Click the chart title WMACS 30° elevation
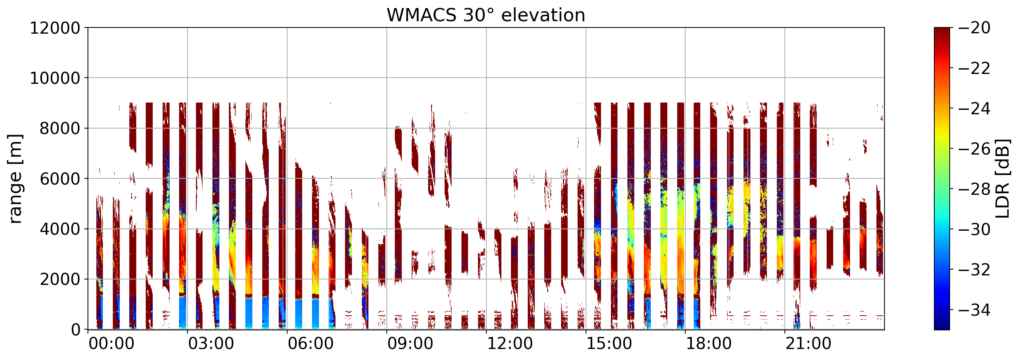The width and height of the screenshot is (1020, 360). click(486, 15)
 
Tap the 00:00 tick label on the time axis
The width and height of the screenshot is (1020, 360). click(111, 344)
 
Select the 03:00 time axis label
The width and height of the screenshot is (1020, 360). click(211, 344)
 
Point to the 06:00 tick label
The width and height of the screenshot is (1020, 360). click(311, 344)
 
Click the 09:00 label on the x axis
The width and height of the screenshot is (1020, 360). click(410, 344)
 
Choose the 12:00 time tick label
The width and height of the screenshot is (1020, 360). click(509, 344)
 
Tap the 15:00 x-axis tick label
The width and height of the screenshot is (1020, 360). click(609, 344)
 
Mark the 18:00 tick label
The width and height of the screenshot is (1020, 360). click(709, 344)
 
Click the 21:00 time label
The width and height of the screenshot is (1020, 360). click(808, 344)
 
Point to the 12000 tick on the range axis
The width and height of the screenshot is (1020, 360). click(55, 28)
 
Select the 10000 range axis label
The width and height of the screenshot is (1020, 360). click(55, 78)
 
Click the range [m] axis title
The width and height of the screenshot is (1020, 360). click(15, 179)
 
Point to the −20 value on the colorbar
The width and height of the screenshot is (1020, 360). click(975, 28)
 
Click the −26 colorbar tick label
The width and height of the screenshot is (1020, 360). click(975, 149)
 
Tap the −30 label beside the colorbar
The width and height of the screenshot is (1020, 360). click(975, 229)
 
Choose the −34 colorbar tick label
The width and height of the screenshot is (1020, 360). click(975, 310)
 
